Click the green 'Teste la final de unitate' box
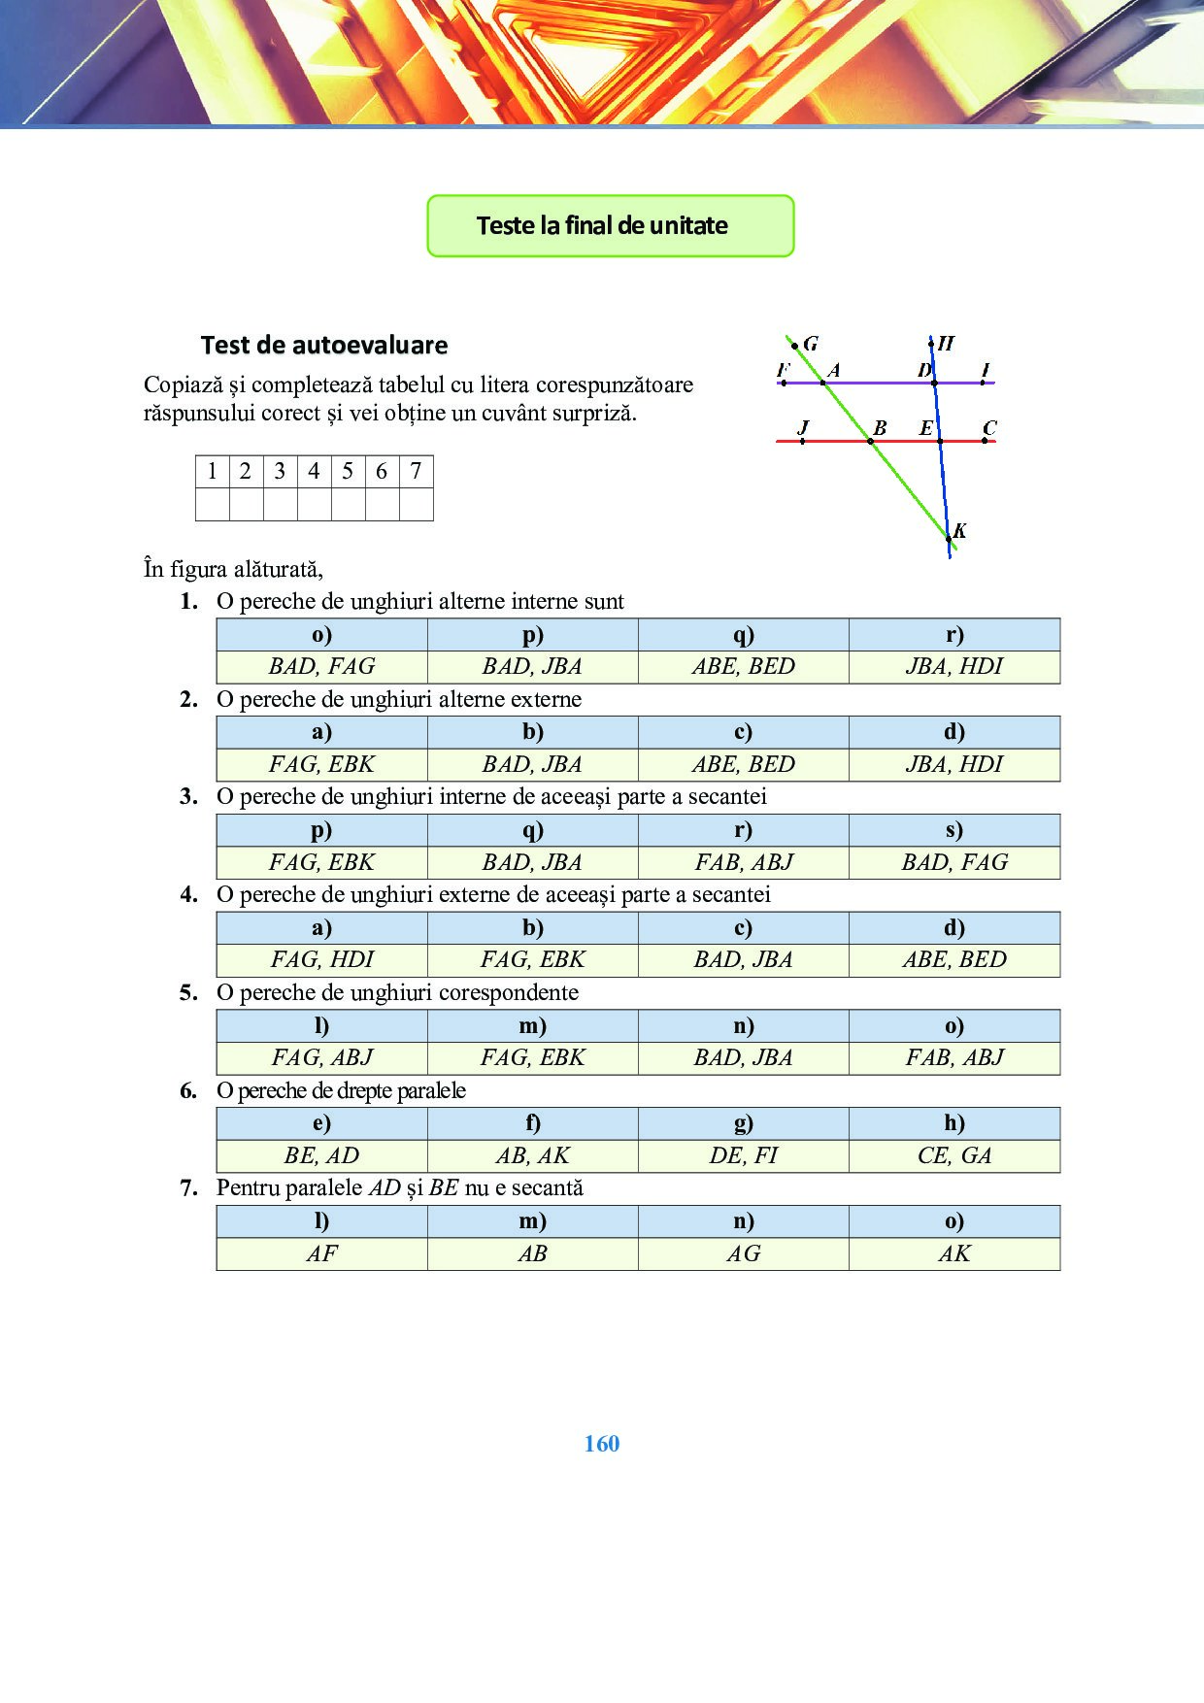610,225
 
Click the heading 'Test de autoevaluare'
323,345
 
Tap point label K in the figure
959,530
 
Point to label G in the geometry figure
811,343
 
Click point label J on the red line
803,427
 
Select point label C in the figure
989,427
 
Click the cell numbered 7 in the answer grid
416,472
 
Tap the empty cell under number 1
213,505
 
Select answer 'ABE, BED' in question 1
743,667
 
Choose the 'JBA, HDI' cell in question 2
953,765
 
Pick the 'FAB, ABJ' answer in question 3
743,862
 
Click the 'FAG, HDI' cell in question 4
321,960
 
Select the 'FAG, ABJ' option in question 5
321,1058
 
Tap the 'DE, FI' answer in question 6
743,1155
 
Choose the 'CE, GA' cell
953,1155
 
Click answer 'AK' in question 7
953,1253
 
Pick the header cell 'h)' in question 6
953,1123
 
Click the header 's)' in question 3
953,830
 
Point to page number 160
602,1444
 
